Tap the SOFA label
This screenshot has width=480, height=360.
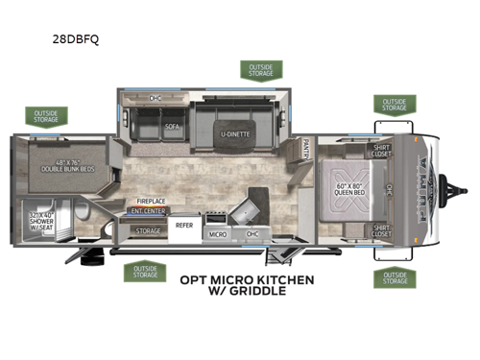(x=172, y=125)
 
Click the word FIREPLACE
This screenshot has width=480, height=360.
(x=152, y=203)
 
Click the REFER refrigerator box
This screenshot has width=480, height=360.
(x=185, y=226)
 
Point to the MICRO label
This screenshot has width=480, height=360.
(x=218, y=233)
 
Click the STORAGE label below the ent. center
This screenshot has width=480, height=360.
(x=148, y=230)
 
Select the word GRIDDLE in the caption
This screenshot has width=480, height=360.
(x=257, y=292)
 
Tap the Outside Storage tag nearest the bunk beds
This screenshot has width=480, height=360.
(x=47, y=117)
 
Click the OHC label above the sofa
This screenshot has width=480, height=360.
(x=156, y=98)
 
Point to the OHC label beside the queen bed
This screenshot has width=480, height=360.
(x=389, y=188)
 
